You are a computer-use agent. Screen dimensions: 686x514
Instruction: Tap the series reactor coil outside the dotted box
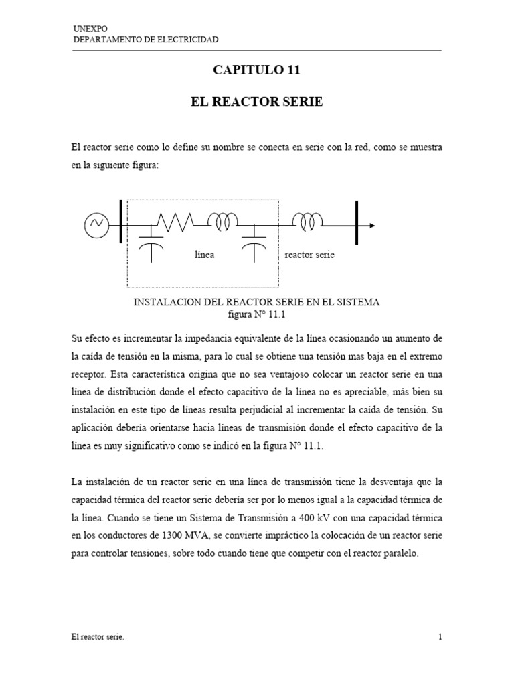(x=309, y=221)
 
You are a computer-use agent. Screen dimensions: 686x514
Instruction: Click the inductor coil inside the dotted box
(x=223, y=221)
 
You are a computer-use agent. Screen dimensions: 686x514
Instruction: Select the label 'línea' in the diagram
(x=204, y=255)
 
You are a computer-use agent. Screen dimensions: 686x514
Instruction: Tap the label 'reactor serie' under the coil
(x=309, y=255)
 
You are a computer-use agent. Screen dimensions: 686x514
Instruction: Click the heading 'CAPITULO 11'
(x=257, y=69)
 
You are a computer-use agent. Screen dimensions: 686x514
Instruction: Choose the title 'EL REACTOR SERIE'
(x=257, y=102)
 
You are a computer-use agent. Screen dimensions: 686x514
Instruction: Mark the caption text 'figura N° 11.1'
(x=257, y=314)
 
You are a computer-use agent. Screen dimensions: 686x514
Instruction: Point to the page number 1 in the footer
(x=440, y=637)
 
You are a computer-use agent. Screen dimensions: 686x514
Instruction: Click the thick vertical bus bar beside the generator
(x=120, y=221)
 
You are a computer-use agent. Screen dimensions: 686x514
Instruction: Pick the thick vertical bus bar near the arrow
(x=357, y=221)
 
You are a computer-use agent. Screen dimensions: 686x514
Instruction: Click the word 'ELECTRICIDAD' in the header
(x=185, y=40)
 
